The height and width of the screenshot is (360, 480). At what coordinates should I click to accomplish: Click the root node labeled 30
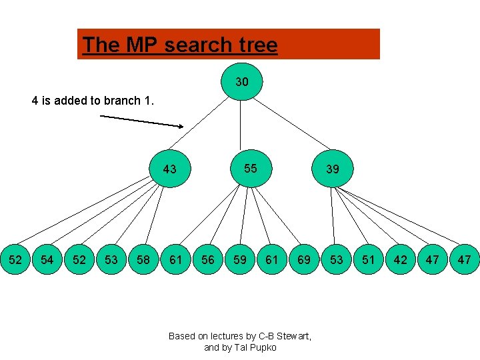click(x=242, y=82)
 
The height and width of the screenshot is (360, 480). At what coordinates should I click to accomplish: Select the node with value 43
click(x=170, y=169)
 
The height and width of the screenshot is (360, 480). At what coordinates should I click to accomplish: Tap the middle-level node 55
click(x=250, y=169)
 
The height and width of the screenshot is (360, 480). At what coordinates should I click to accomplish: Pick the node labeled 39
click(x=332, y=169)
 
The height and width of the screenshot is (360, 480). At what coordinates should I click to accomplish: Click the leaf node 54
click(x=47, y=259)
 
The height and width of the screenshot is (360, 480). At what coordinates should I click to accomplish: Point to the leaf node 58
click(x=143, y=259)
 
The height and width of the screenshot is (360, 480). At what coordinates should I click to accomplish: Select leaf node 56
click(x=208, y=259)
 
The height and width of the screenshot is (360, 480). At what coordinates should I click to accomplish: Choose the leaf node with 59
click(x=240, y=259)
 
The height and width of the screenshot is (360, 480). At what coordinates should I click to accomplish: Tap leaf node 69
click(x=304, y=259)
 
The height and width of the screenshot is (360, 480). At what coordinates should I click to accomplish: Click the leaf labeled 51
click(x=368, y=259)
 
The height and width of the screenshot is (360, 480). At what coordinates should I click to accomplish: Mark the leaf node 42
click(x=400, y=259)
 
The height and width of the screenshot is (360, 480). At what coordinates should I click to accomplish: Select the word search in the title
click(x=197, y=45)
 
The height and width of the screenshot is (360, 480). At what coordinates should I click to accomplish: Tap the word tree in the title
click(x=256, y=45)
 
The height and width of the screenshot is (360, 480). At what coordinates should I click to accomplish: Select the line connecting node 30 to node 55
click(x=241, y=127)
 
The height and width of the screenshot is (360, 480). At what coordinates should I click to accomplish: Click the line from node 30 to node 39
click(x=290, y=127)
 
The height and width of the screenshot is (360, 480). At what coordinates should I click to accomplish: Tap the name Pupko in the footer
click(x=263, y=347)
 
